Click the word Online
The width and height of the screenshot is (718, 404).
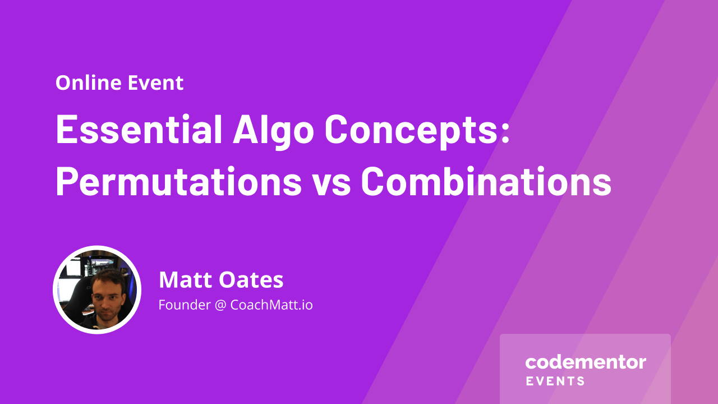pos(89,82)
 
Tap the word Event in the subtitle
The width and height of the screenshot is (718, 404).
pos(156,82)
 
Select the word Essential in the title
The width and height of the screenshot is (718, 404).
pos(139,130)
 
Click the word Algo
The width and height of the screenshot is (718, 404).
pos(273,132)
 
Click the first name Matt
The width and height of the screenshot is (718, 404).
pos(185,280)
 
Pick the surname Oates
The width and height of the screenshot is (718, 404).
pos(251,280)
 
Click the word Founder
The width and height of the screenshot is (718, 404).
pos(185,305)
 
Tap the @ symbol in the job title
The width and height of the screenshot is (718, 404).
pos(220,305)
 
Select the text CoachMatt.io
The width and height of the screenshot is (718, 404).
pos(271,305)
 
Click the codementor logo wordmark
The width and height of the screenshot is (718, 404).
pos(586,362)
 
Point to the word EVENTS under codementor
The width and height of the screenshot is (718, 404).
pos(555,381)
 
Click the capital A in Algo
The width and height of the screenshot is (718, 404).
pos(246,130)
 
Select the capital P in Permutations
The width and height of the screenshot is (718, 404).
pos(66,181)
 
